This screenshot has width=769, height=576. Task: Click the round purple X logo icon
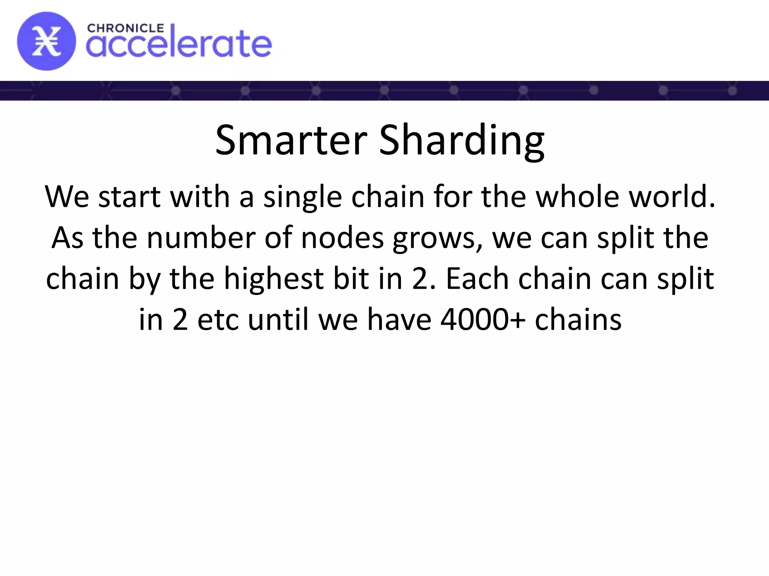46,41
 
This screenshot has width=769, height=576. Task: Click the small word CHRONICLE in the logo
125,28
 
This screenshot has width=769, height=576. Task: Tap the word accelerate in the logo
179,44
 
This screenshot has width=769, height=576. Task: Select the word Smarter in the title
291,140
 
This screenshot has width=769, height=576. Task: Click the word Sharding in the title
461,140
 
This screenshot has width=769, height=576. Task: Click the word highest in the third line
274,279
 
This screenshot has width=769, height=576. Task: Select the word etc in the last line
218,320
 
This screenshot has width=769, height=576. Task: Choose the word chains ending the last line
578,320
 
